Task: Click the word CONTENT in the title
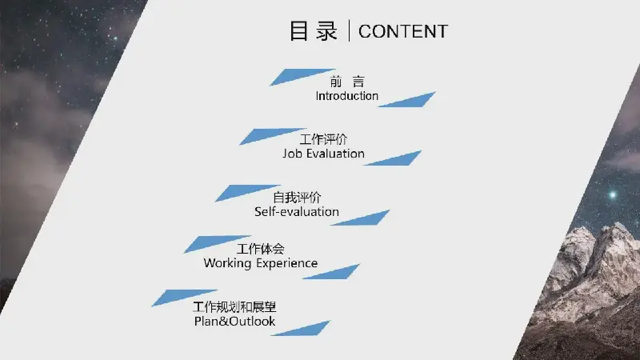[x=403, y=31]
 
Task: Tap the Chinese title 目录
[x=314, y=31]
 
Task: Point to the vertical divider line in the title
[x=349, y=30]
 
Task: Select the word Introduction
[x=347, y=96]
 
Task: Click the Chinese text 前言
[x=347, y=82]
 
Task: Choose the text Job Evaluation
[x=323, y=154]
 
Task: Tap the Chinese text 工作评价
[x=323, y=139]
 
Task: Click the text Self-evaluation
[x=297, y=211]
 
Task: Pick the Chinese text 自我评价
[x=297, y=198]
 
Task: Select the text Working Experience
[x=261, y=263]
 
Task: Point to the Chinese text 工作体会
[x=261, y=249]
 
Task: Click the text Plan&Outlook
[x=234, y=322]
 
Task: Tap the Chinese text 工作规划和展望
[x=234, y=306]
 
